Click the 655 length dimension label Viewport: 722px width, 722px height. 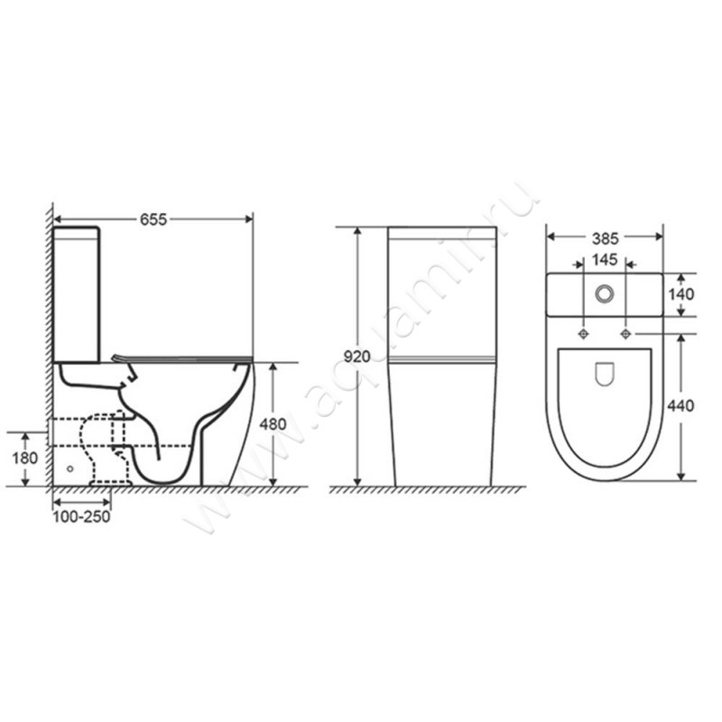[153, 219]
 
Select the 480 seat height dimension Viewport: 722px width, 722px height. [273, 424]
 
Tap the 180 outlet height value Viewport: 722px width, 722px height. [25, 458]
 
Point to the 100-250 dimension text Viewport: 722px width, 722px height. [81, 516]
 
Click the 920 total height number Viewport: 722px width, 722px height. [356, 356]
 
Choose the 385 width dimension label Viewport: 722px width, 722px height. [605, 239]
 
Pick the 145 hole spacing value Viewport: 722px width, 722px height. [604, 260]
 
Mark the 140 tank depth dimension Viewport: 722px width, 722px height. [680, 294]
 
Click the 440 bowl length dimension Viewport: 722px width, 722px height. [680, 405]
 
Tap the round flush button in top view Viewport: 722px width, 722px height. [604, 293]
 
